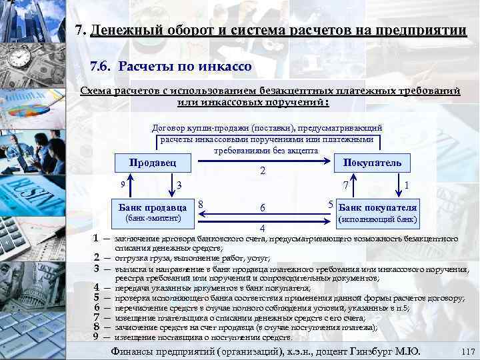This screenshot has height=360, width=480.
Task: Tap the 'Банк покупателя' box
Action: (x=378, y=208)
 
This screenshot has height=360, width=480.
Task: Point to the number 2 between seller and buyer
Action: (x=263, y=171)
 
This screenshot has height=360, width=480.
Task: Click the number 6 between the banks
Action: (x=263, y=208)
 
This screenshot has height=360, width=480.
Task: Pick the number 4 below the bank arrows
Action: (x=263, y=229)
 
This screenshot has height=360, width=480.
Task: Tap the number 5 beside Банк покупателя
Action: (x=331, y=203)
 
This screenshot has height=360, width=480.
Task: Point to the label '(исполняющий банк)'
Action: (x=378, y=219)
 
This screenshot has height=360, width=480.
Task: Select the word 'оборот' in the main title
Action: (x=184, y=31)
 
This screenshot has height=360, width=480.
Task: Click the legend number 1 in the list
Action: (x=97, y=238)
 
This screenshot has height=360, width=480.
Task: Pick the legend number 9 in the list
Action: (x=97, y=337)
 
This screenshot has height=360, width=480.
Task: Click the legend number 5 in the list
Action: (x=97, y=297)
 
